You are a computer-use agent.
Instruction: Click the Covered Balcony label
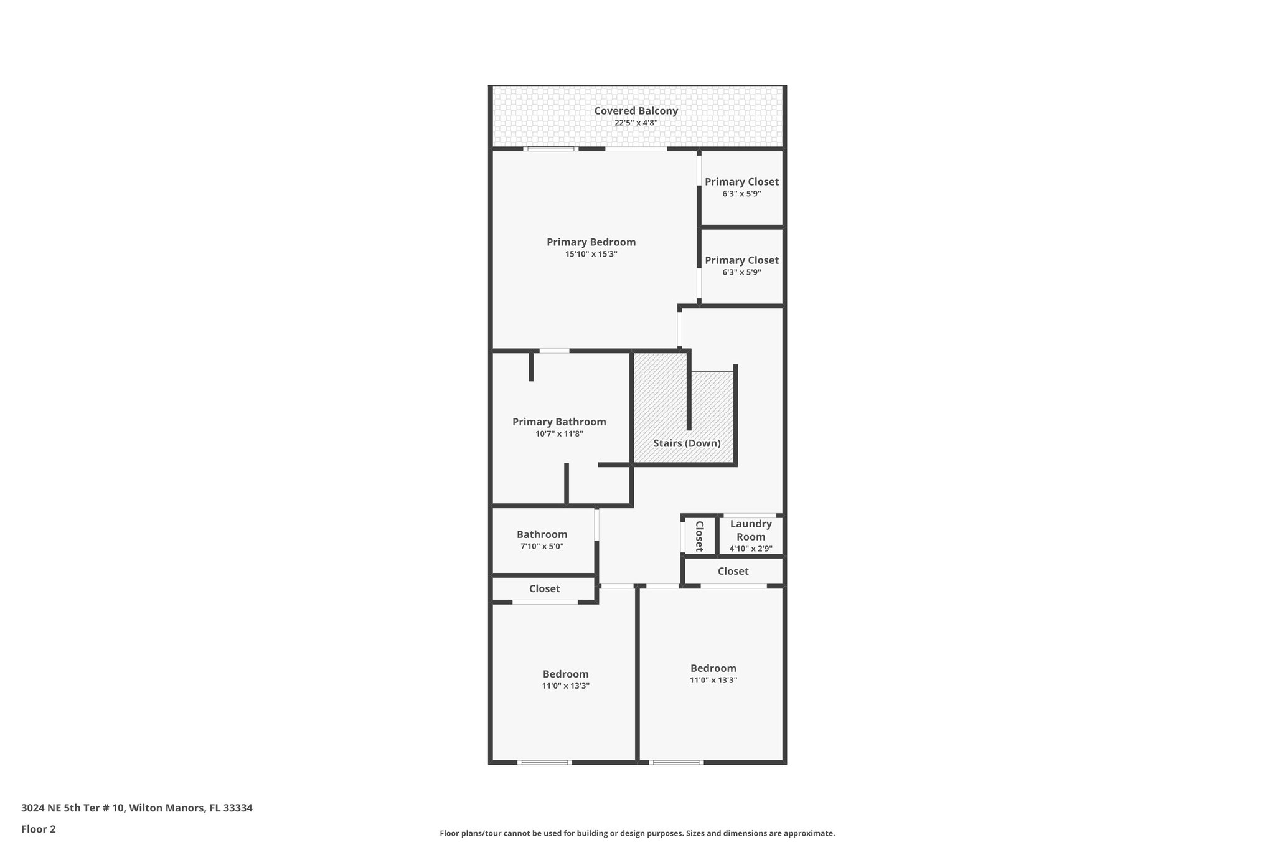click(636, 111)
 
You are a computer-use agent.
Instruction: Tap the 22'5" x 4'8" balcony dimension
click(636, 123)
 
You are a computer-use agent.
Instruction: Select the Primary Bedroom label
click(591, 242)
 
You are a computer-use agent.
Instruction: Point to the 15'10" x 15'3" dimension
click(591, 254)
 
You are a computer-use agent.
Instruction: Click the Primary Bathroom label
click(559, 422)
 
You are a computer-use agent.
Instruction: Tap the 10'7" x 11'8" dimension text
click(559, 433)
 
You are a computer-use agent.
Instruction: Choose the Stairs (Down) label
click(687, 443)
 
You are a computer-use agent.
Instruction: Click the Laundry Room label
click(751, 530)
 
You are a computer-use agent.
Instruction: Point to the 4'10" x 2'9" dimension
click(751, 549)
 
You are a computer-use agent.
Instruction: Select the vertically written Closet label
click(699, 536)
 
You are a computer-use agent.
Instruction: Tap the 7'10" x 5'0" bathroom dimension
click(542, 546)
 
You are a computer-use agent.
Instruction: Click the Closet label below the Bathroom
click(544, 588)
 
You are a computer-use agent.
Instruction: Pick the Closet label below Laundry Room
click(733, 571)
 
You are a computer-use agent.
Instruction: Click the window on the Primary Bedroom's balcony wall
click(550, 149)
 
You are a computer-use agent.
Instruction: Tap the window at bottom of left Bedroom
click(544, 762)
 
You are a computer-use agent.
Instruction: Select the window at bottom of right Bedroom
click(676, 762)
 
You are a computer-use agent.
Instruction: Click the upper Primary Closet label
click(741, 182)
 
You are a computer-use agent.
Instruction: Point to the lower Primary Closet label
click(741, 260)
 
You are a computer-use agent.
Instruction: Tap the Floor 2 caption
click(39, 829)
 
